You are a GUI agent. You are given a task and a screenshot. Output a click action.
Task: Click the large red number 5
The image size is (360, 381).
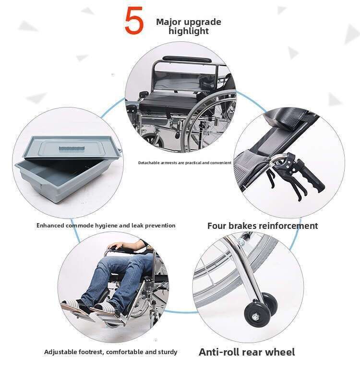[x=134, y=21]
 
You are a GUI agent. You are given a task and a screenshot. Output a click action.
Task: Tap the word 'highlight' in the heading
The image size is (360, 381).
[x=189, y=31]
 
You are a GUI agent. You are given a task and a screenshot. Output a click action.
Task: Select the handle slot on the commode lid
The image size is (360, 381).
[x=72, y=148]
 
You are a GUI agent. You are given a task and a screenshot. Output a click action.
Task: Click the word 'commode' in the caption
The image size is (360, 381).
[x=80, y=226]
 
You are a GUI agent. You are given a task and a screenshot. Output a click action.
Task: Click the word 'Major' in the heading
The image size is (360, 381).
[x=168, y=22]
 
